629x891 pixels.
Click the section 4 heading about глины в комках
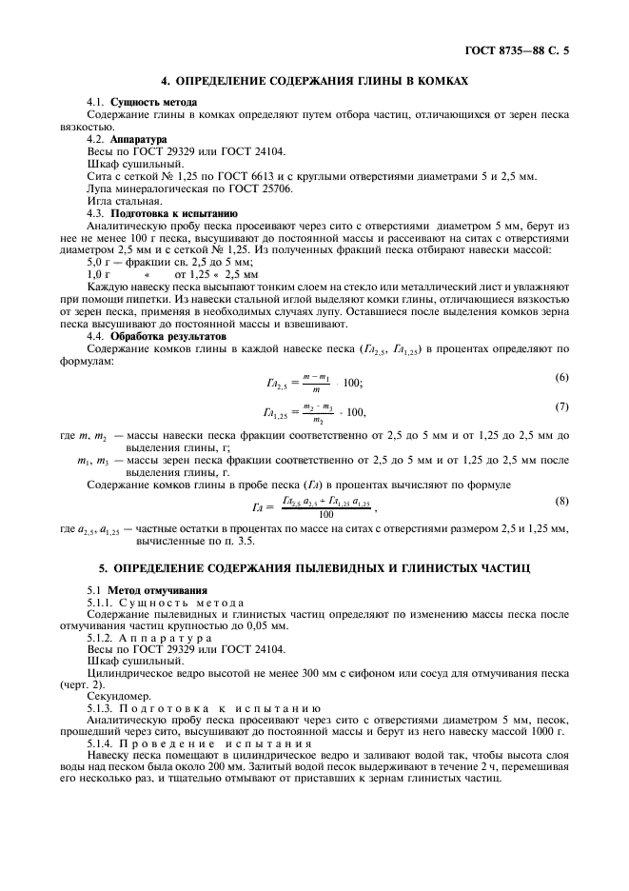315,82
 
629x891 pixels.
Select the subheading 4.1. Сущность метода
142,102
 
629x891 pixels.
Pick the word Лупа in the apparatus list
99,188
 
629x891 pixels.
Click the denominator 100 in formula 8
326,514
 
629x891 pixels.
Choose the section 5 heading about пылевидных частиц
315,567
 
